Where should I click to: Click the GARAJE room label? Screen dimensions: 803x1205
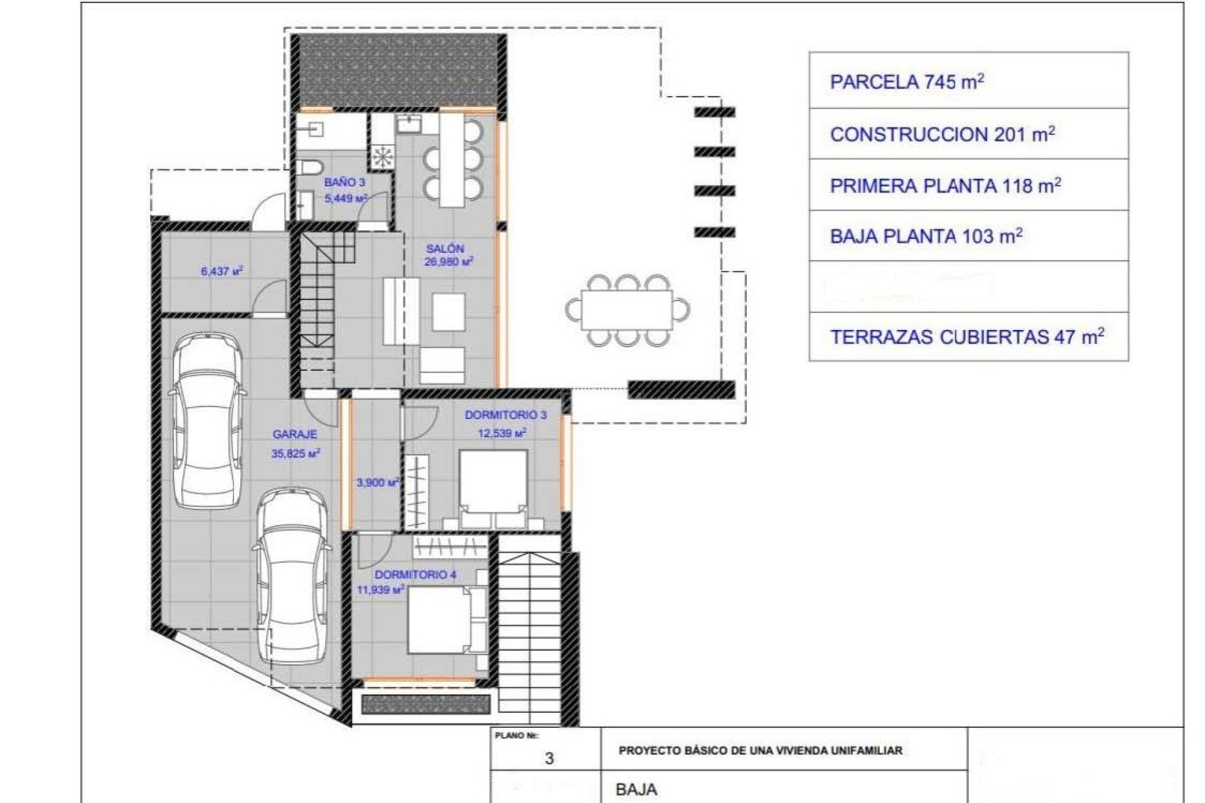pyautogui.click(x=294, y=434)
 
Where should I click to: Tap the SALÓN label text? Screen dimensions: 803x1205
pyautogui.click(x=444, y=248)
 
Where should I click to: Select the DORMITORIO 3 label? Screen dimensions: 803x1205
pyautogui.click(x=505, y=415)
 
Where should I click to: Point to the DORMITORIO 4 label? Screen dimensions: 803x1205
pyautogui.click(x=415, y=575)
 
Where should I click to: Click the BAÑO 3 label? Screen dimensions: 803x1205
pyautogui.click(x=345, y=183)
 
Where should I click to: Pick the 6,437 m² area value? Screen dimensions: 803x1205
pyautogui.click(x=222, y=272)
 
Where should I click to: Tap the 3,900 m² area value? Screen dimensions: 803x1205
pyautogui.click(x=377, y=482)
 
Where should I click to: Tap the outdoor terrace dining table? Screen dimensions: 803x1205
pyautogui.click(x=626, y=310)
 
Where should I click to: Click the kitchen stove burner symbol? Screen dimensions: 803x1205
pyautogui.click(x=382, y=157)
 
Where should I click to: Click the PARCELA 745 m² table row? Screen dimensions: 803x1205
pyautogui.click(x=968, y=82)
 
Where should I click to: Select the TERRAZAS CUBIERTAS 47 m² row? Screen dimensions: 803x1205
pyautogui.click(x=968, y=337)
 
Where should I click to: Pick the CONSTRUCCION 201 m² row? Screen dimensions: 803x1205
pyautogui.click(x=968, y=134)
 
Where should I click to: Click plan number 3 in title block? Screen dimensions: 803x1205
pyautogui.click(x=549, y=758)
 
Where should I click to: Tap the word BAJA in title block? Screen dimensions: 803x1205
pyautogui.click(x=636, y=789)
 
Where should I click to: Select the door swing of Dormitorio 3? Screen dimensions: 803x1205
pyautogui.click(x=420, y=422)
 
